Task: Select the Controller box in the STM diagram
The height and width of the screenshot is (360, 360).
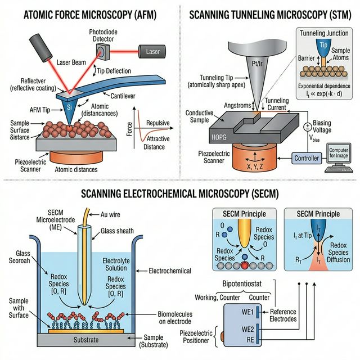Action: tap(307, 158)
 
